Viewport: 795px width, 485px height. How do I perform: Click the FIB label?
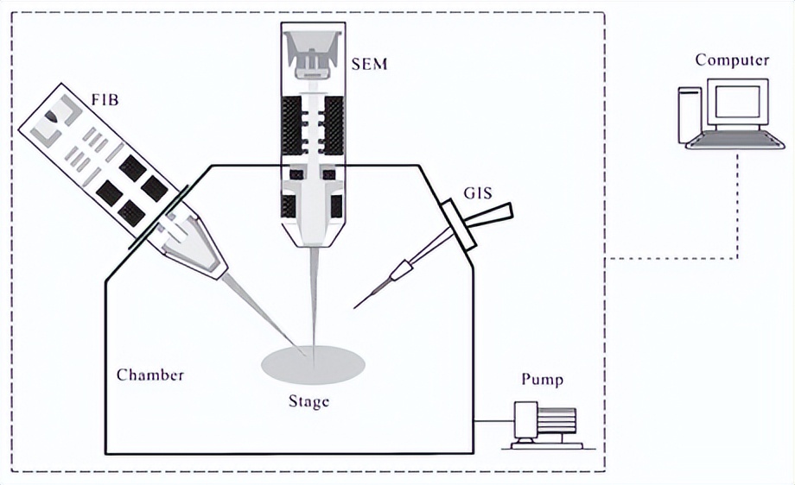(105, 100)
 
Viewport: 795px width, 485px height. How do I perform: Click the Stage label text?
(308, 401)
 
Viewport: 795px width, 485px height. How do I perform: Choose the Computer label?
(732, 60)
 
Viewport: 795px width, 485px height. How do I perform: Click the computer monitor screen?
(737, 103)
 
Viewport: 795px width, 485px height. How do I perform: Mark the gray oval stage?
(313, 365)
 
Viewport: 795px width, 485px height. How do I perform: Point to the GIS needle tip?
(354, 305)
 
